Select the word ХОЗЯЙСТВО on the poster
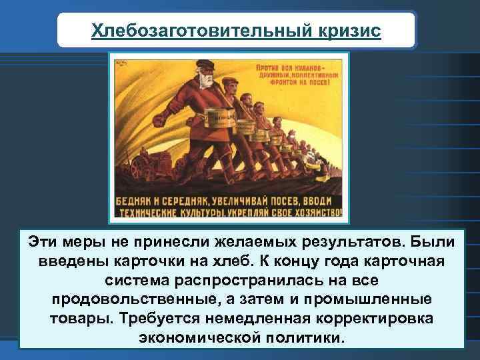(317, 214)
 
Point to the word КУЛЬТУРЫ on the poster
(219, 214)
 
